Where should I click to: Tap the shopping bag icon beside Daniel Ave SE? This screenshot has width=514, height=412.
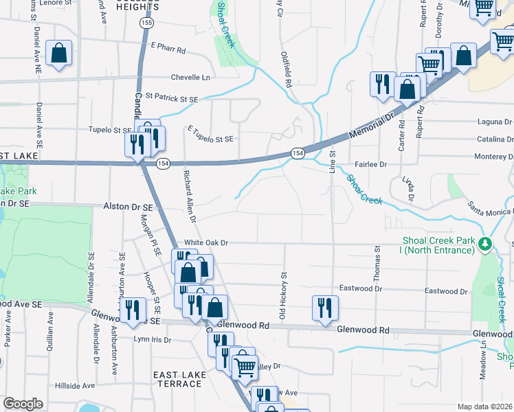tap(59, 54)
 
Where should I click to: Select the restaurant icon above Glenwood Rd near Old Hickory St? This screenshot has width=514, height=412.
tap(324, 308)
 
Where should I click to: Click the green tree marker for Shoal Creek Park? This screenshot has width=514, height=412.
tap(485, 243)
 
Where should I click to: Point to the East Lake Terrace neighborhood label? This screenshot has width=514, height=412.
tap(177, 379)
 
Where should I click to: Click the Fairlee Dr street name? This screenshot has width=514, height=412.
tap(371, 165)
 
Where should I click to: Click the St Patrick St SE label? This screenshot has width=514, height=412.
tap(171, 99)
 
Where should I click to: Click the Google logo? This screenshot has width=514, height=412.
tap(23, 404)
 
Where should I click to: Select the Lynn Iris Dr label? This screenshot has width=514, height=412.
tap(152, 339)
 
